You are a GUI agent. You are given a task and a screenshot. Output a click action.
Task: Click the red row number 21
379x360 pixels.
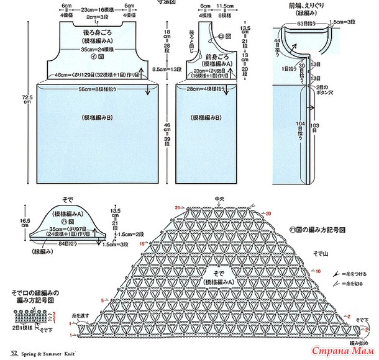[177, 207]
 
